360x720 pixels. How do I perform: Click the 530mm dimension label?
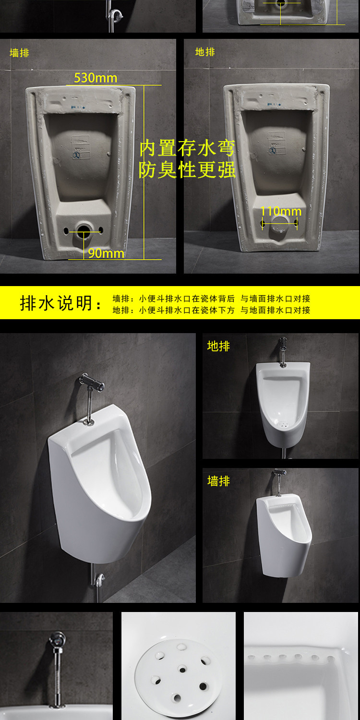coord(96,78)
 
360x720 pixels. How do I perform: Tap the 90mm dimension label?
coord(106,253)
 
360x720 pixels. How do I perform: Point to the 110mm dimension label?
coord(281,211)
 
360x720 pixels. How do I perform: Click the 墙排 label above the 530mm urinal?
coord(19,53)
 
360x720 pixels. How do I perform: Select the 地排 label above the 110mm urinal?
coord(205,52)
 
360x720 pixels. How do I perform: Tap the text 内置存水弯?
coord(187,148)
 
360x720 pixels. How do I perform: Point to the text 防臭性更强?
coord(187,170)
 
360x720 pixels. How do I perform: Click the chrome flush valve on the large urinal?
coord(92,383)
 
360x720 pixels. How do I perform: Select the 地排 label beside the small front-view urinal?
coord(218,346)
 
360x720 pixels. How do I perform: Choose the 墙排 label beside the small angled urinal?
coord(218,481)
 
